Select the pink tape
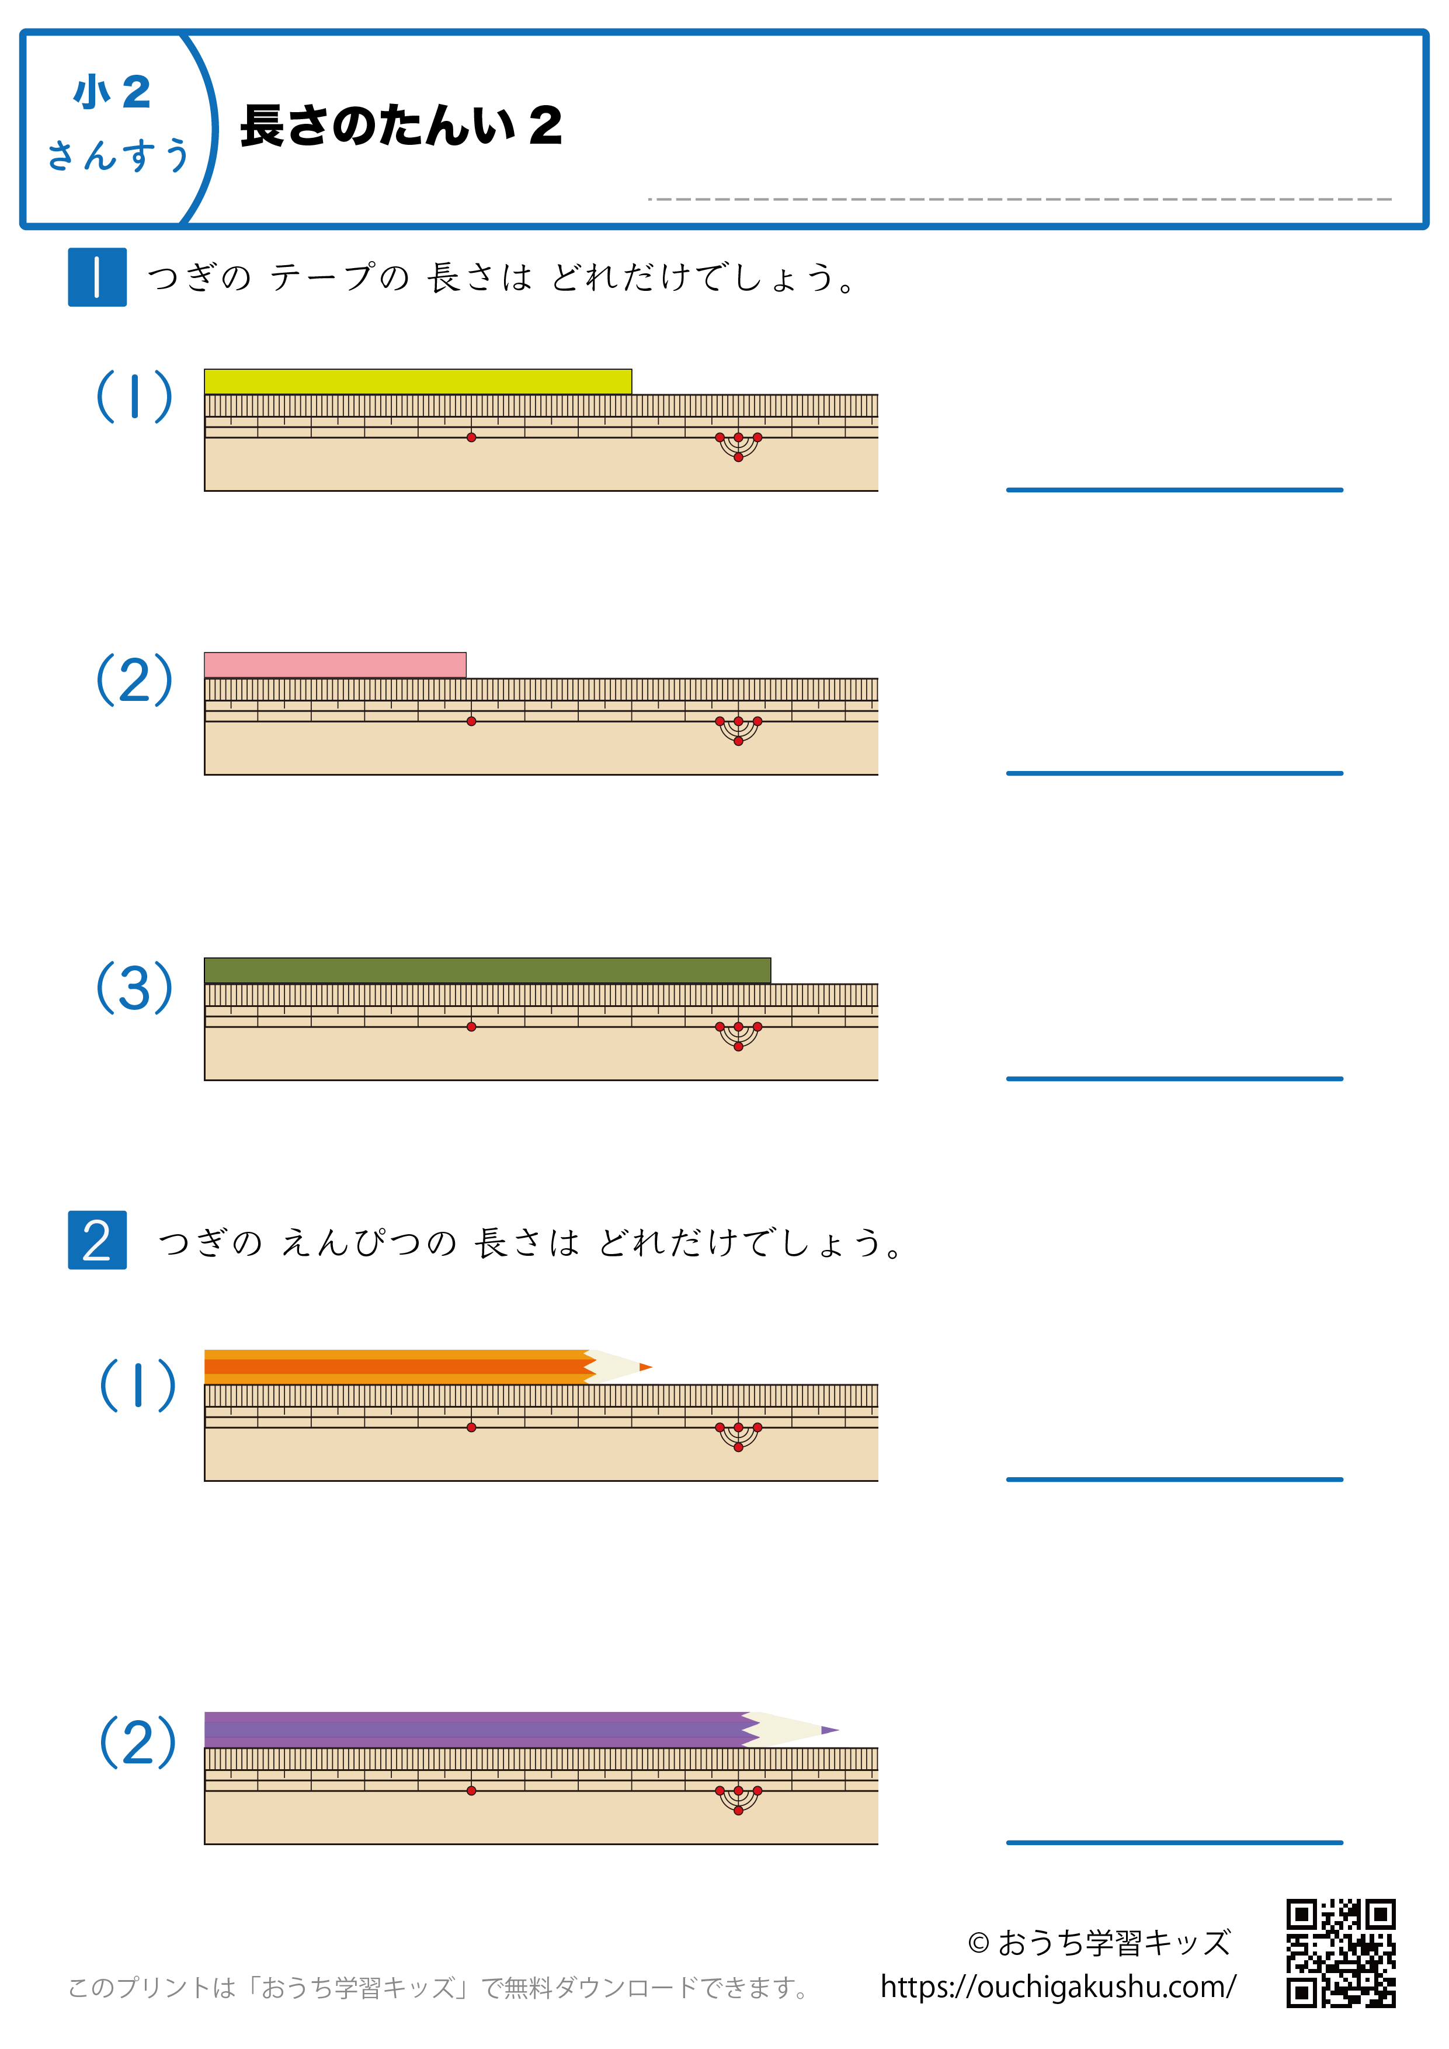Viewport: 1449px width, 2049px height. tap(335, 665)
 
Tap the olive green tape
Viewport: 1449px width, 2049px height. tap(487, 970)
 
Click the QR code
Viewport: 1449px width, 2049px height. tap(1340, 1953)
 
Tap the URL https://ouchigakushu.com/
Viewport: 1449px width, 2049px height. tap(1058, 1987)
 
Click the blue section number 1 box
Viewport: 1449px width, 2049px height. tap(98, 277)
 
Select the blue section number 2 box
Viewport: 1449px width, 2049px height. tap(98, 1239)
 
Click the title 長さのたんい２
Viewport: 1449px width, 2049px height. tap(401, 125)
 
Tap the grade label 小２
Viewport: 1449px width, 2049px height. tap(112, 92)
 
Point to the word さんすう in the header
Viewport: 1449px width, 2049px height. tap(119, 154)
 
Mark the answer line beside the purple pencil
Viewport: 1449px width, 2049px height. tap(1174, 1842)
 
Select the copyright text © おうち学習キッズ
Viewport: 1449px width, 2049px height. tap(1099, 1942)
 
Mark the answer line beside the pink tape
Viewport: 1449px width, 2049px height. tap(1174, 773)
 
